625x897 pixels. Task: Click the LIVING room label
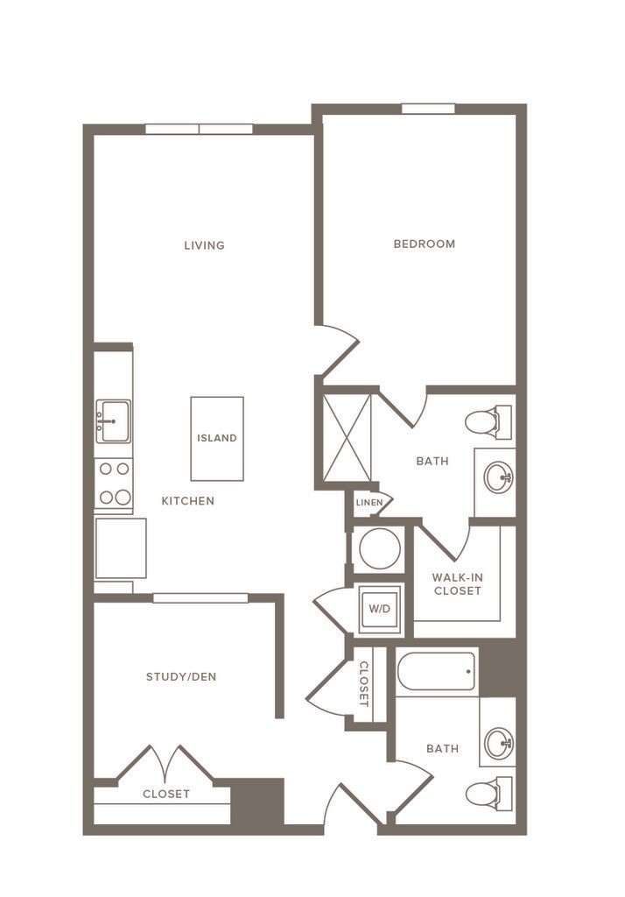click(204, 245)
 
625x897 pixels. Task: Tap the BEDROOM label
click(424, 244)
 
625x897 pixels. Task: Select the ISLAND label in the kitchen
click(217, 438)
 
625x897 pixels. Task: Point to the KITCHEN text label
click(187, 501)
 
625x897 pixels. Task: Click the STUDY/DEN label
click(181, 676)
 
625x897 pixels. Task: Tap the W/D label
click(379, 607)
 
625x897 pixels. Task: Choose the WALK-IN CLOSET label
click(456, 583)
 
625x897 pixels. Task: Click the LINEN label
click(369, 503)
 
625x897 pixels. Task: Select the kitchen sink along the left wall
click(113, 421)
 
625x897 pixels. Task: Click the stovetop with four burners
click(114, 484)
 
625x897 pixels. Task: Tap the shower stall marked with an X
click(347, 438)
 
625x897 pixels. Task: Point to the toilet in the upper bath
click(486, 422)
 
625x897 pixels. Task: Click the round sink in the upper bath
click(498, 478)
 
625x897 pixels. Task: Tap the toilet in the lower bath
click(486, 794)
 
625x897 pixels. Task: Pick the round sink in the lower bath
click(498, 744)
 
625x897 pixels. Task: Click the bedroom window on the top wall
click(428, 109)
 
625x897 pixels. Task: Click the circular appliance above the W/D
click(379, 549)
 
